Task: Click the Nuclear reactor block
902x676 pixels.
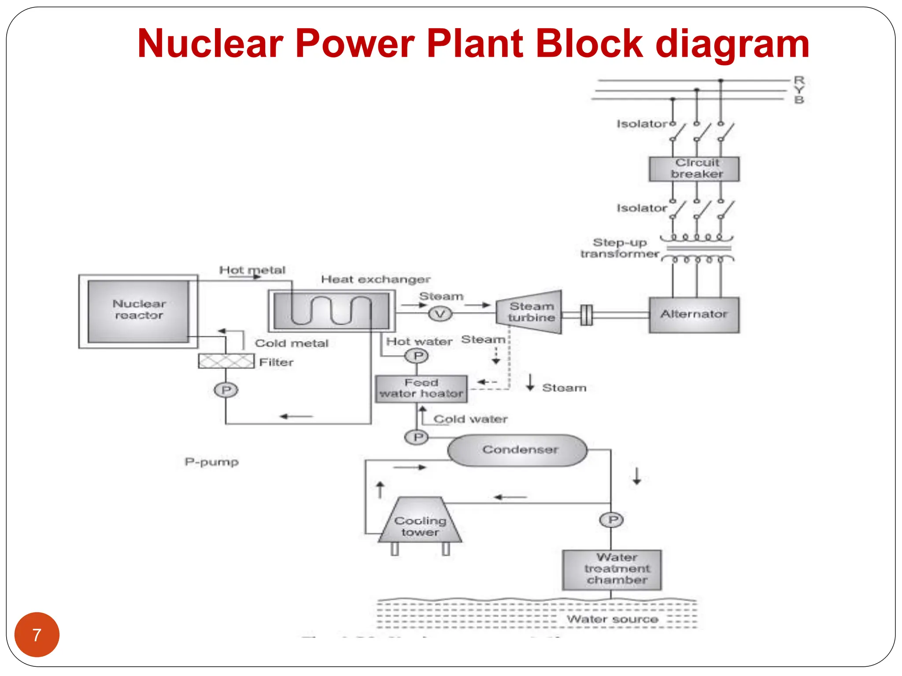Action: click(x=138, y=311)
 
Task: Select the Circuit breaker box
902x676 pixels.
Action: click(x=694, y=169)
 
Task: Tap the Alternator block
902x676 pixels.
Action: click(x=694, y=315)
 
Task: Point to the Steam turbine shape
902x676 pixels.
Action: click(x=530, y=312)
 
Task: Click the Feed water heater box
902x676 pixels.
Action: click(x=421, y=389)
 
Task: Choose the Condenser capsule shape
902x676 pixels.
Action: click(x=518, y=450)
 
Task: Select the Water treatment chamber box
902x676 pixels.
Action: click(x=612, y=569)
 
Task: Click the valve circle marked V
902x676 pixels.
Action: click(x=440, y=314)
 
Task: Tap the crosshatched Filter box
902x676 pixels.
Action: click(x=226, y=361)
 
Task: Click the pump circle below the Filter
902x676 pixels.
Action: click(x=226, y=390)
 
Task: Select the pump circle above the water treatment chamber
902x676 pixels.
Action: click(x=612, y=520)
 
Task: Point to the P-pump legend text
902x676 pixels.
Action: click(x=212, y=462)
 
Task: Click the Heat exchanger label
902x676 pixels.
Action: click(x=375, y=279)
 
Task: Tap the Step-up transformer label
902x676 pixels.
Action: click(x=619, y=248)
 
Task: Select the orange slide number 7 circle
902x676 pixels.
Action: click(x=37, y=635)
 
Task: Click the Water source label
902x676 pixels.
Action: click(x=612, y=619)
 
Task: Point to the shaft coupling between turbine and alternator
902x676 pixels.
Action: click(x=586, y=315)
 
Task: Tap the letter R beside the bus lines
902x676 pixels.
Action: click(x=799, y=80)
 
